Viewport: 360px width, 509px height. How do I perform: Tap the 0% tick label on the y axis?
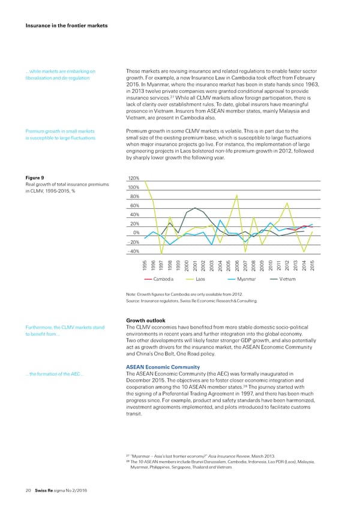136,232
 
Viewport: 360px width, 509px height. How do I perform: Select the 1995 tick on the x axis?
145,265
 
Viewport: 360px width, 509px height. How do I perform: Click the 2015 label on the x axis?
313,265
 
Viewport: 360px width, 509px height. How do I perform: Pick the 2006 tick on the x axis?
238,265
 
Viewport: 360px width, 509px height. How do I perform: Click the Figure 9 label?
35,178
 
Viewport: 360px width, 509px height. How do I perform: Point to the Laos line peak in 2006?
238,195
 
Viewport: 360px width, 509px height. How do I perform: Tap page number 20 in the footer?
28,490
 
